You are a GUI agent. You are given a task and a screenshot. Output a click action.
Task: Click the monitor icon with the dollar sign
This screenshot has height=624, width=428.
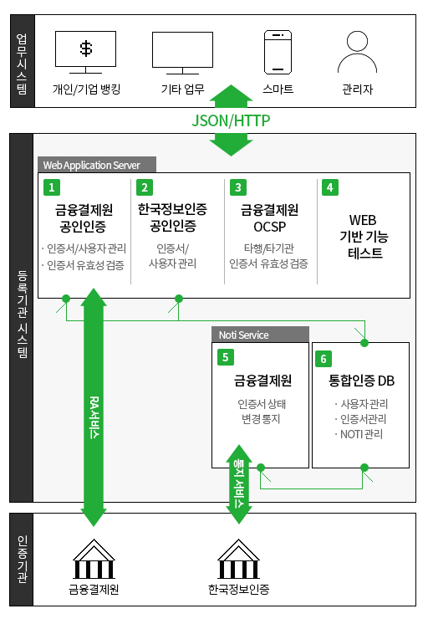85,52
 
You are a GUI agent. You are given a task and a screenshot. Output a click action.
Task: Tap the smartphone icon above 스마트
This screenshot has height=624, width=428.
278,52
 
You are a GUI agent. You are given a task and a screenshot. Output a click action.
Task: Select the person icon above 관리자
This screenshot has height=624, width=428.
357,52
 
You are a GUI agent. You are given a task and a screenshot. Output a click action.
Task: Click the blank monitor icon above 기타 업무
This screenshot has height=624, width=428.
182,53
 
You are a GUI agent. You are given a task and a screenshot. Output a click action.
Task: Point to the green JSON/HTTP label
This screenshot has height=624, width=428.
231,120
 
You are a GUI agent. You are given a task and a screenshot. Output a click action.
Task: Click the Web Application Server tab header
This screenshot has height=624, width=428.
97,165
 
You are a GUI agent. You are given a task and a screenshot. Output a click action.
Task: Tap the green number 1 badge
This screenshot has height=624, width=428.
52,187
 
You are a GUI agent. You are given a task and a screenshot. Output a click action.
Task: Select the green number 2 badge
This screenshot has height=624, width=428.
145,187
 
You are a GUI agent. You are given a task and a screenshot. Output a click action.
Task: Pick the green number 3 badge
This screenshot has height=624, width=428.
238,187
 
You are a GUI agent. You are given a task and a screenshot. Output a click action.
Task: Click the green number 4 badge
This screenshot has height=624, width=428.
329,187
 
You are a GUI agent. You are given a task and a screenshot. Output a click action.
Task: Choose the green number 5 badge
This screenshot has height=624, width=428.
226,357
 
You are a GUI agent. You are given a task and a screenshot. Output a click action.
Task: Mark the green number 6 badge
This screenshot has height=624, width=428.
324,359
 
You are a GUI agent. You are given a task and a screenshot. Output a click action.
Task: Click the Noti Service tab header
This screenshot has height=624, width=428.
260,335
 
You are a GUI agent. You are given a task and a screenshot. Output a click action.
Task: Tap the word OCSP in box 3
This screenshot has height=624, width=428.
270,227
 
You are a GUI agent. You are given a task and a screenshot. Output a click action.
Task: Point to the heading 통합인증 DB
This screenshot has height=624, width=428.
361,381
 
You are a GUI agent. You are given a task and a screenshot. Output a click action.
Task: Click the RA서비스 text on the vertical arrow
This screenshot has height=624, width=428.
94,417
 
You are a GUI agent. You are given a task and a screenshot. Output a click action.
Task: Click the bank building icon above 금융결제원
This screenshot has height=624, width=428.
94,559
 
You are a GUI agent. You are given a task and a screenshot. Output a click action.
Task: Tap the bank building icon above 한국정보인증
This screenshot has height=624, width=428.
238,559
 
